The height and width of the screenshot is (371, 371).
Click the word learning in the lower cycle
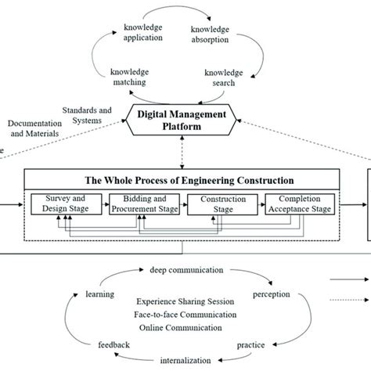click(101, 295)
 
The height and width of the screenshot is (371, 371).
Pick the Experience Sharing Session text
click(182, 301)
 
